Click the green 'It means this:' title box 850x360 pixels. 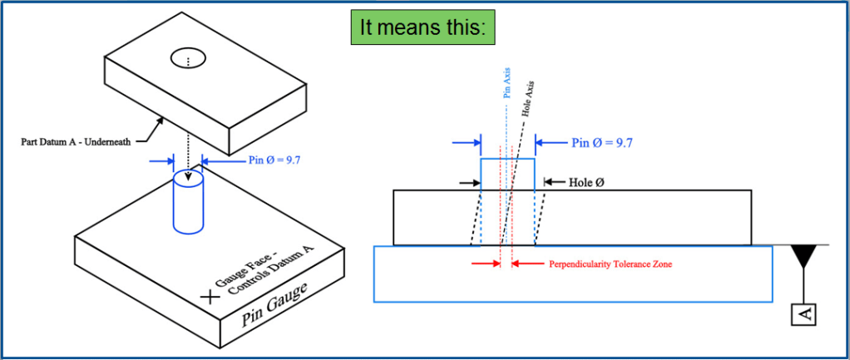422,27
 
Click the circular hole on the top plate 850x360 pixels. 189,59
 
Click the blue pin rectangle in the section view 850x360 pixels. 507,174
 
